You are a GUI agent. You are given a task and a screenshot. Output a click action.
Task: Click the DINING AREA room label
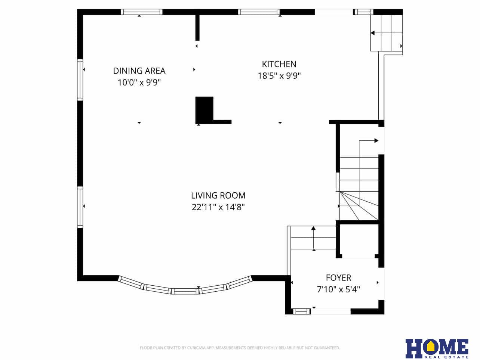139,71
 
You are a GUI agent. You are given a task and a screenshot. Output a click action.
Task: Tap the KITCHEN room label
279,64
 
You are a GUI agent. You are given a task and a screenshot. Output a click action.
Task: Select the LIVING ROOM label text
218,195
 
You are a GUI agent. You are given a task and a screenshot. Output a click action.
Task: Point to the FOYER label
338,277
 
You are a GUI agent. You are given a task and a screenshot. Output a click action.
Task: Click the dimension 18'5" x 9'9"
279,76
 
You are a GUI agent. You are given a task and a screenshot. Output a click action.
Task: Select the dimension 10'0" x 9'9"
139,83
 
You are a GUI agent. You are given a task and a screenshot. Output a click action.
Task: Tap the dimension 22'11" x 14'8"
218,207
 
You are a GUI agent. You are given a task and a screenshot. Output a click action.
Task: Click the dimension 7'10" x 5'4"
338,289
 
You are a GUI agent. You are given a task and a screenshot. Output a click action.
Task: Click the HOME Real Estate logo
437,348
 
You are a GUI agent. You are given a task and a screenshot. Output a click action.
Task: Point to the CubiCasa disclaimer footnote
240,348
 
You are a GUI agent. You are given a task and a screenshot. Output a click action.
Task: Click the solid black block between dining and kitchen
204,109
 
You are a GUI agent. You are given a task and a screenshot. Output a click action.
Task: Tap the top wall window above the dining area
141,12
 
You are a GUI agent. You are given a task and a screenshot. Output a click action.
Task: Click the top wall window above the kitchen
259,12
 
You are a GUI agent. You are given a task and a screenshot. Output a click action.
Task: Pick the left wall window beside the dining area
80,80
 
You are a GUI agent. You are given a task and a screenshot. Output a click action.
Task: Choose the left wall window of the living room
80,207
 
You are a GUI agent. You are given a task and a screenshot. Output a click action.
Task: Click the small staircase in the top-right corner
386,33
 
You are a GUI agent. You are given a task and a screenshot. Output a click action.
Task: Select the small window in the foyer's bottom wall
301,311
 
